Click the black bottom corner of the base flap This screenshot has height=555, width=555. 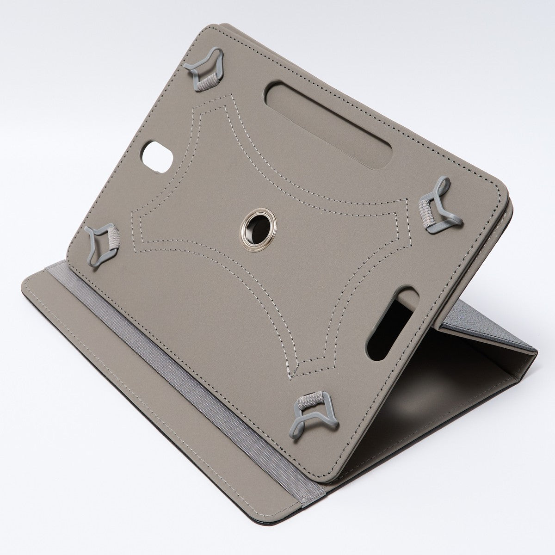point(319,518)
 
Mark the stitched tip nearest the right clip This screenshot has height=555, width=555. point(407,200)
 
